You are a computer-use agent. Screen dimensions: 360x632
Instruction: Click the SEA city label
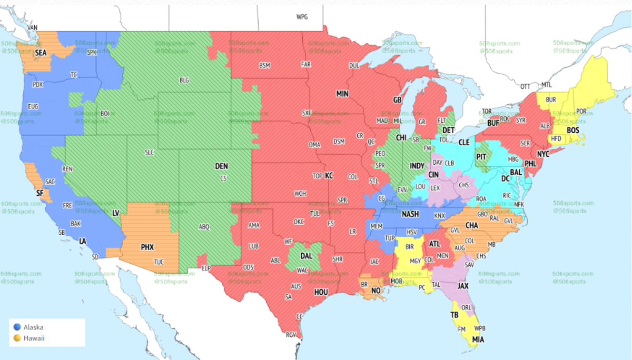(x=41, y=53)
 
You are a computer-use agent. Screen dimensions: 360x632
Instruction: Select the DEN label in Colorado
(x=222, y=166)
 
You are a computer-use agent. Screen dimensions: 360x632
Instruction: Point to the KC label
(x=329, y=175)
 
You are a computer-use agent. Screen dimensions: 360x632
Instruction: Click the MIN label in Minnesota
(x=342, y=93)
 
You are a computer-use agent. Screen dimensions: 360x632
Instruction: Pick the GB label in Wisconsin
(x=397, y=100)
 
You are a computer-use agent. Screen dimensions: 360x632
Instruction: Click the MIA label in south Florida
(x=478, y=339)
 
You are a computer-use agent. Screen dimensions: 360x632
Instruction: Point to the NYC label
(x=543, y=154)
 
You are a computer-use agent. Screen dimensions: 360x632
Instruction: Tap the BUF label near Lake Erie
(x=493, y=123)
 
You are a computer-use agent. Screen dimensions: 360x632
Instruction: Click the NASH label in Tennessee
(x=410, y=214)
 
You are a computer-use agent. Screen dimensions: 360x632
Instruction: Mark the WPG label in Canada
(x=302, y=17)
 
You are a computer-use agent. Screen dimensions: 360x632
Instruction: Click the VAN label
(x=33, y=27)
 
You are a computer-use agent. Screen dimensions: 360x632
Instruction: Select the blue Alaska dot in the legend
(x=18, y=327)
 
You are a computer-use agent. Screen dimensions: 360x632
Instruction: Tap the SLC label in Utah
(x=150, y=152)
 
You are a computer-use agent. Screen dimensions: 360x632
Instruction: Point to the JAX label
(x=463, y=286)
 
